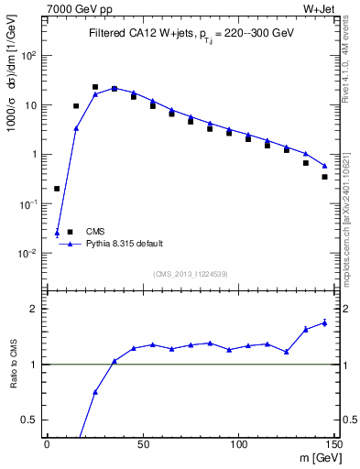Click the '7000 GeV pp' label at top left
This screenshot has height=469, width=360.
pyautogui.click(x=74, y=10)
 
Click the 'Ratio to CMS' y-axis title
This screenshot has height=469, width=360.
pyautogui.click(x=14, y=364)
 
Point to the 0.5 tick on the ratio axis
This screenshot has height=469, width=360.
pyautogui.click(x=33, y=420)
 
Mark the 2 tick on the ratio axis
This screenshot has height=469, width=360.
pyautogui.click(x=38, y=309)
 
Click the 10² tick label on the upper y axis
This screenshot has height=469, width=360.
pyautogui.click(x=30, y=55)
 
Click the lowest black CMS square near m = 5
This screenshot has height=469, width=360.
pyautogui.click(x=57, y=189)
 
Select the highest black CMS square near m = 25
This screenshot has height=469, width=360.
pyautogui.click(x=95, y=87)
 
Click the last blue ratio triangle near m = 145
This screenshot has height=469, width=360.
pyautogui.click(x=324, y=322)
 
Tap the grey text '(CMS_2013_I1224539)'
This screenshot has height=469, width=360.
pyautogui.click(x=191, y=274)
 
